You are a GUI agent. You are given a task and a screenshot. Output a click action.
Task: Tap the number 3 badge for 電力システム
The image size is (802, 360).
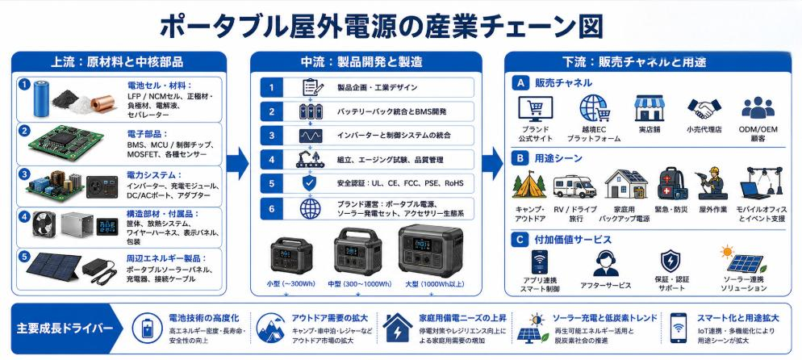click(x=23, y=174)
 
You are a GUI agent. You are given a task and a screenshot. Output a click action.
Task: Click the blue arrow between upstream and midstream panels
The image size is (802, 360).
click(x=237, y=163)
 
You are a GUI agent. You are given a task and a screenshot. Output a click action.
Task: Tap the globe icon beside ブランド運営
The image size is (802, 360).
click(x=310, y=208)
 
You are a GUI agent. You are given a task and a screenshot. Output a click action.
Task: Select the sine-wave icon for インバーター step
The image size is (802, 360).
click(x=310, y=135)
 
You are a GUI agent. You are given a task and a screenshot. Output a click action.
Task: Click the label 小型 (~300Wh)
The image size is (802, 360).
click(x=291, y=284)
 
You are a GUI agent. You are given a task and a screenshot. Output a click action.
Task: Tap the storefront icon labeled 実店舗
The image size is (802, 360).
click(x=649, y=107)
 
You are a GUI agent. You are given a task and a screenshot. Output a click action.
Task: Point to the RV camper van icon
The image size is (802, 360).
click(x=574, y=186)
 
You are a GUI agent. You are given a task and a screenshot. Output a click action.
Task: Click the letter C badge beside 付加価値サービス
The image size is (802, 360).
click(x=520, y=239)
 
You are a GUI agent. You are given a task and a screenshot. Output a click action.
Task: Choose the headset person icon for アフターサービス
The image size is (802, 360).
click(x=606, y=264)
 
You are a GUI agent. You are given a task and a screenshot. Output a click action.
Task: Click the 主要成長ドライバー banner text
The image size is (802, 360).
click(x=65, y=328)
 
